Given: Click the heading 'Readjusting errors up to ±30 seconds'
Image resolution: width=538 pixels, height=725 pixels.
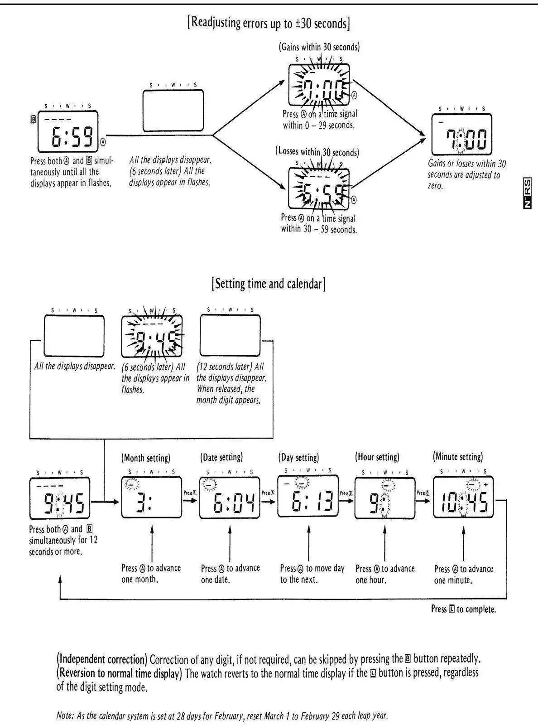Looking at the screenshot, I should click(269, 23).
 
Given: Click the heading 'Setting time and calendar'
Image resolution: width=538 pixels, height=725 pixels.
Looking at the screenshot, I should click(269, 284).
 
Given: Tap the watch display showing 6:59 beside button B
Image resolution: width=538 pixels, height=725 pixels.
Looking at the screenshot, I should click(68, 132).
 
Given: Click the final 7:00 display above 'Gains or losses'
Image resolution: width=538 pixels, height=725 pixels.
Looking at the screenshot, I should click(461, 135).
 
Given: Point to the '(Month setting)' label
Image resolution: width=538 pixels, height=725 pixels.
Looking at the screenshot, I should click(146, 458).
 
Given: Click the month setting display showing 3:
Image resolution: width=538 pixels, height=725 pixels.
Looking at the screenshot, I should click(151, 498).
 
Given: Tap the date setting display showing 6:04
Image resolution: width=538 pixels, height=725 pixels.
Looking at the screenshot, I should click(230, 498).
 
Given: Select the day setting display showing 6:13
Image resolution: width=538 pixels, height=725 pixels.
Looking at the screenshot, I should click(308, 497).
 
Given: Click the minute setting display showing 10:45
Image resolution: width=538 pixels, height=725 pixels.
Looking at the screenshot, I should click(463, 498).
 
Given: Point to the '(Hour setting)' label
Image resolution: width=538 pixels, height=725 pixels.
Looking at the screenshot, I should click(377, 457).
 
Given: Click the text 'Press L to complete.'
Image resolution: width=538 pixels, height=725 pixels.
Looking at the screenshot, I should click(463, 609).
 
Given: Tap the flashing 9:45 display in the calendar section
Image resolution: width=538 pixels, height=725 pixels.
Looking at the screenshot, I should click(152, 336).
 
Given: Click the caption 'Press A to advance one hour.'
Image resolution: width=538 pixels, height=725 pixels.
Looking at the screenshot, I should click(385, 574).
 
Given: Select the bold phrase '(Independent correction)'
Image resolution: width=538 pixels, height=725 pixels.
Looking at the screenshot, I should click(102, 659).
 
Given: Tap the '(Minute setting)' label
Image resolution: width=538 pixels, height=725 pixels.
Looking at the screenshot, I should click(458, 457).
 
